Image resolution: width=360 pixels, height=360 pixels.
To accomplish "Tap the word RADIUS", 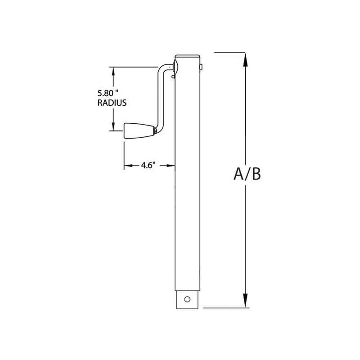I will (x=111, y=103).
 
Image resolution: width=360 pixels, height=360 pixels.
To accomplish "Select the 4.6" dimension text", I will (x=148, y=165).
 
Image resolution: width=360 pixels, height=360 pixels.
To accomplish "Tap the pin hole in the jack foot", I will (x=187, y=299).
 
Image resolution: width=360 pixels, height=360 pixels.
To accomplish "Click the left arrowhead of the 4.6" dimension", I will (x=127, y=166).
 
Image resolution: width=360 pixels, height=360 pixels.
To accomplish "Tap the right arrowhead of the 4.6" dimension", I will (x=172, y=166).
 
